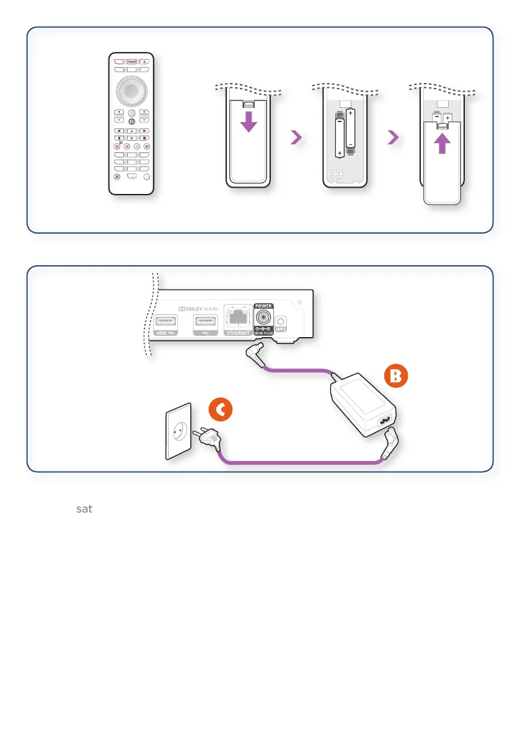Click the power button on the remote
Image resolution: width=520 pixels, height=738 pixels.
[144, 62]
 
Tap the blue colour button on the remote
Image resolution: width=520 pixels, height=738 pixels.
[147, 147]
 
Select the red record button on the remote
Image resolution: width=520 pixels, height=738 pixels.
[144, 138]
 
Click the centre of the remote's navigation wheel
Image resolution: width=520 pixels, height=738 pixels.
[131, 90]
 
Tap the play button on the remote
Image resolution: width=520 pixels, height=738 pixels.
[131, 131]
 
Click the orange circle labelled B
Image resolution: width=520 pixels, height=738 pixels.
[394, 376]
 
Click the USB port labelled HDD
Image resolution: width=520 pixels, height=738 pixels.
[165, 322]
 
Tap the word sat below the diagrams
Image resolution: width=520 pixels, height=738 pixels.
[84, 509]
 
